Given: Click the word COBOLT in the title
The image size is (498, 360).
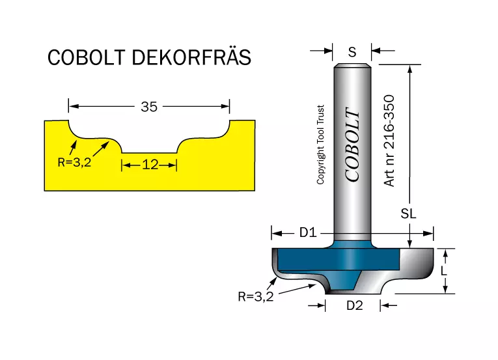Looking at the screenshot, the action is (87, 57).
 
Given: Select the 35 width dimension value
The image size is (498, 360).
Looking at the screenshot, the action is (149, 107).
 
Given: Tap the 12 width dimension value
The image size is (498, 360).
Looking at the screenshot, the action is (150, 165).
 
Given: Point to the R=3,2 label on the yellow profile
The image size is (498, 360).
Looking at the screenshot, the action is (74, 162).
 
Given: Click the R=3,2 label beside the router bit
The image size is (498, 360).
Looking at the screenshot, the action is (256, 297).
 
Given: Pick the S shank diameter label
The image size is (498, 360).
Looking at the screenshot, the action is (352, 52).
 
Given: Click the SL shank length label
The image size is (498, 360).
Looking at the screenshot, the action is (408, 214).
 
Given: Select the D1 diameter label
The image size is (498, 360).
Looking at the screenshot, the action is (308, 233).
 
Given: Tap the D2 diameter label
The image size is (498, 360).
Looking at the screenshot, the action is (354, 306).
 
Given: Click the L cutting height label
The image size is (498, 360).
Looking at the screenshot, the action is (444, 271).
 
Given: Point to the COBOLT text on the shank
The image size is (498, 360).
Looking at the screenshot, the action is (353, 145).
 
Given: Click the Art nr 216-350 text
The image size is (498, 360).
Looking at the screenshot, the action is (389, 141).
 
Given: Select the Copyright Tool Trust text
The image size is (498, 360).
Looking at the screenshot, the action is (320, 145).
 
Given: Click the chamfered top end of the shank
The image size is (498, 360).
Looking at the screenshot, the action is (352, 66).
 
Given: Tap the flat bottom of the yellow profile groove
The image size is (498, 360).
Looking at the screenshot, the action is (149, 153).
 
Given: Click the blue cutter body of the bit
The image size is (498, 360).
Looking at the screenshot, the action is (339, 259).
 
